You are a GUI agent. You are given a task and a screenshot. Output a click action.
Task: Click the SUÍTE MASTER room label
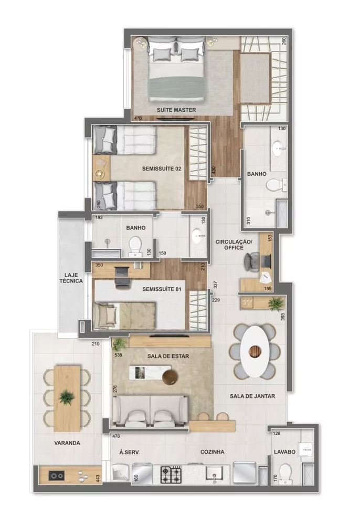[x=176, y=110]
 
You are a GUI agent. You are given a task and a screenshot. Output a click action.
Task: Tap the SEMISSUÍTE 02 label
[x=162, y=169]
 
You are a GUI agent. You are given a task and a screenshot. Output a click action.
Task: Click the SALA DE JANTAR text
[x=253, y=397]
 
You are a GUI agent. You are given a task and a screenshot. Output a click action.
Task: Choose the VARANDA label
[x=67, y=443]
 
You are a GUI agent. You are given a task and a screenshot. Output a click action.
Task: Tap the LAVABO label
[x=285, y=451]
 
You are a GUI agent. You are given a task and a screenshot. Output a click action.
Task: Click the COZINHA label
[x=213, y=451]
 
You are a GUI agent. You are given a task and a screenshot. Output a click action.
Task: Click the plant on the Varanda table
[x=67, y=397]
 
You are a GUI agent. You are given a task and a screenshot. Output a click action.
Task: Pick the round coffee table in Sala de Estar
[x=171, y=376]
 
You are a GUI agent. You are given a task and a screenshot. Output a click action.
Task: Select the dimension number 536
[x=118, y=355]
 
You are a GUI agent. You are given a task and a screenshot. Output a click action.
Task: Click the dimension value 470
[x=138, y=119]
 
